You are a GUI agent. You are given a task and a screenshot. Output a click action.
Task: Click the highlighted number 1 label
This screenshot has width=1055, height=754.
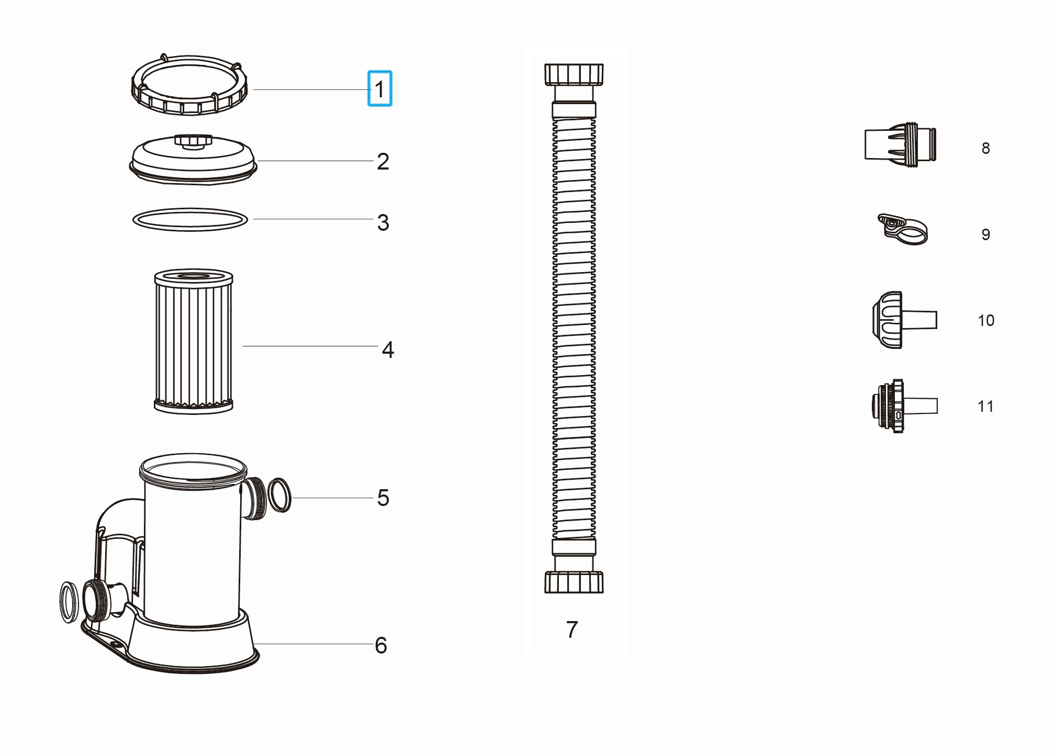coord(380,89)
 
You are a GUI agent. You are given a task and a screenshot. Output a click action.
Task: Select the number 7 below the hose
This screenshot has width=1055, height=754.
coord(572,629)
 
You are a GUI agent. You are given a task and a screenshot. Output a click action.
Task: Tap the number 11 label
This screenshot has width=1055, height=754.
coord(985,407)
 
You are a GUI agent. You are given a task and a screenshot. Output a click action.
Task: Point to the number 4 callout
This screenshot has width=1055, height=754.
coord(388,350)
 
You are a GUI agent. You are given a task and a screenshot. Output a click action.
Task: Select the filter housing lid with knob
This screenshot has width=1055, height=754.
coord(193,160)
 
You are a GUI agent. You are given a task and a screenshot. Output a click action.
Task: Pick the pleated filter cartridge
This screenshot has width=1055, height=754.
coord(194,342)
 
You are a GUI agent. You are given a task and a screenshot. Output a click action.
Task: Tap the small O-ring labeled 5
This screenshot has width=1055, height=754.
coord(279,495)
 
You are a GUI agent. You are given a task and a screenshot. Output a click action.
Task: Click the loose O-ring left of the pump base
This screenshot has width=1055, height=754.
coord(69,602)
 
